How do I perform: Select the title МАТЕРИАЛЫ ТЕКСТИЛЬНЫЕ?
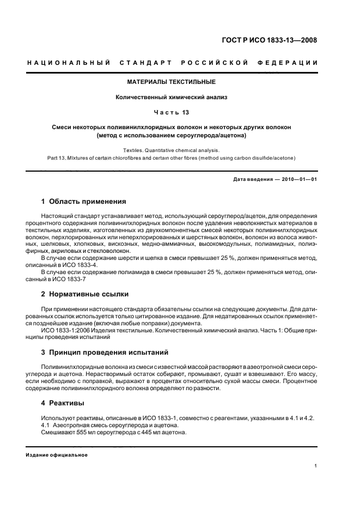(171, 82)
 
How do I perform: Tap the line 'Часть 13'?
(171, 113)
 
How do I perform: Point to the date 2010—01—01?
(297, 180)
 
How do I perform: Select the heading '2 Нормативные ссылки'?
(85, 294)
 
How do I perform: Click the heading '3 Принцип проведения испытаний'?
(105, 352)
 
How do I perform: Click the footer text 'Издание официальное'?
(57, 455)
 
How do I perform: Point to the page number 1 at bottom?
(315, 466)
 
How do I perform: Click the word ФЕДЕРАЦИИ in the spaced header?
(291, 63)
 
